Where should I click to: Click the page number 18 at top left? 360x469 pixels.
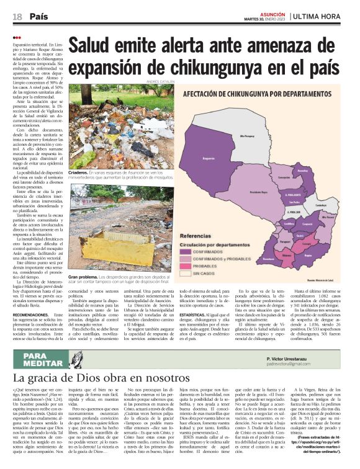coord(17,16)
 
